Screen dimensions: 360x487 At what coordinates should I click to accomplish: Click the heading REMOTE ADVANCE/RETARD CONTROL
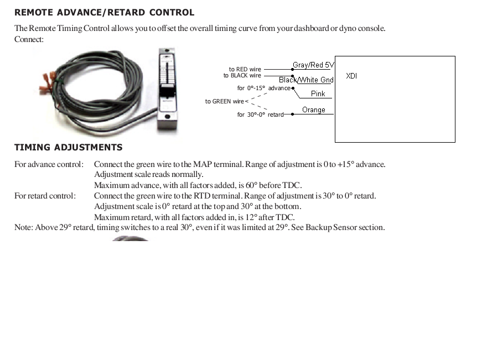click(x=104, y=12)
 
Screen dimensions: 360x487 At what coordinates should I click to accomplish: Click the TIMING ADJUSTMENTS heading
click(x=68, y=147)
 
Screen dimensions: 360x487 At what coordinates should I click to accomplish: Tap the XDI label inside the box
click(x=351, y=76)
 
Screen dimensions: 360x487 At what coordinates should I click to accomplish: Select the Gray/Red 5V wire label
click(x=313, y=65)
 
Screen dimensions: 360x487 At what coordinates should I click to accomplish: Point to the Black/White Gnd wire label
click(x=306, y=80)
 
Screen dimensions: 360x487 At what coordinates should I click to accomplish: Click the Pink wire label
click(x=318, y=94)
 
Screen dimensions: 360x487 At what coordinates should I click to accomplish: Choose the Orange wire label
click(x=314, y=110)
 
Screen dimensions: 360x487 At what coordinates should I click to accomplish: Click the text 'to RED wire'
click(x=245, y=70)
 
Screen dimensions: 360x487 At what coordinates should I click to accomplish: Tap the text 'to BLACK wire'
click(x=242, y=76)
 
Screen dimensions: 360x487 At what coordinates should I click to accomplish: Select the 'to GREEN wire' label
click(x=224, y=101)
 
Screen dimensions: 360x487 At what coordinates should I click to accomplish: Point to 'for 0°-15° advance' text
click(x=263, y=88)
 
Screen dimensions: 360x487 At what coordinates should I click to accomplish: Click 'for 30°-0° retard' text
click(x=260, y=114)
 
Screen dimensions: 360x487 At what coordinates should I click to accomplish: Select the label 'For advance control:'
click(x=49, y=164)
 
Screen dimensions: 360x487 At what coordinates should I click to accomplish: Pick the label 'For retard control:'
click(x=45, y=196)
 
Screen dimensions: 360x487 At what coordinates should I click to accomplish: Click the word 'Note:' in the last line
click(x=24, y=227)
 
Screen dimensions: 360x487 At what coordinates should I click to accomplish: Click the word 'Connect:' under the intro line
click(x=29, y=39)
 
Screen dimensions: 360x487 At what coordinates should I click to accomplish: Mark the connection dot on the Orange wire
click(x=293, y=114)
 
